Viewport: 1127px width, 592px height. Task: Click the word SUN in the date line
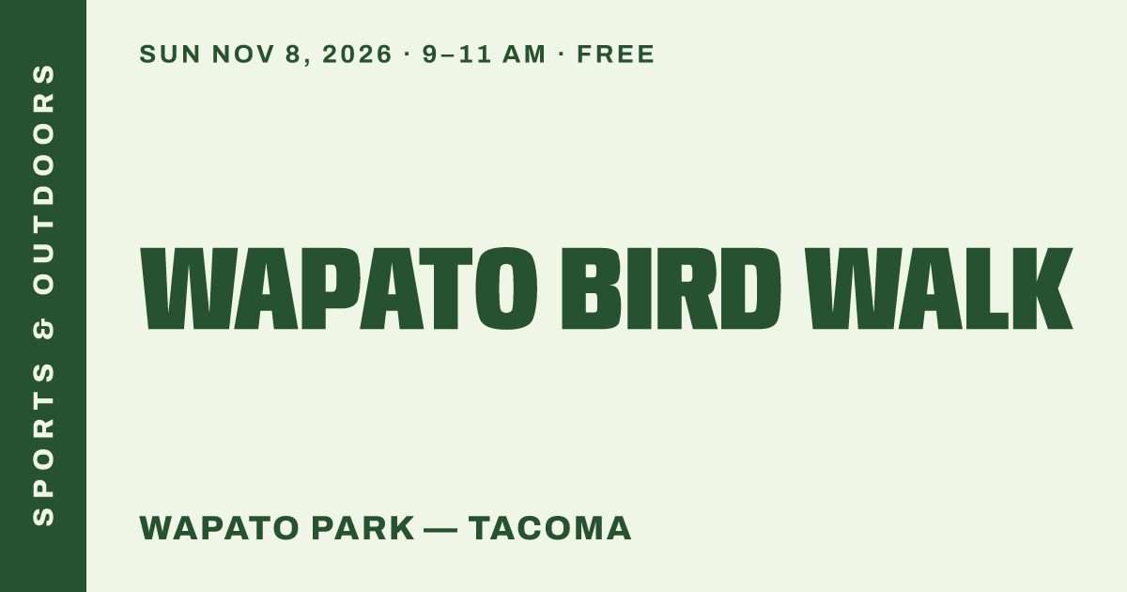pyautogui.click(x=170, y=54)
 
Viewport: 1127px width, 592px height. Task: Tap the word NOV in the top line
pyautogui.click(x=242, y=54)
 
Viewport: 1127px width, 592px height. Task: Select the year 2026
pyautogui.click(x=357, y=54)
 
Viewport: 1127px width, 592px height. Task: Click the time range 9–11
pyautogui.click(x=456, y=54)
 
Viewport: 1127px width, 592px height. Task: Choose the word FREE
pyautogui.click(x=616, y=54)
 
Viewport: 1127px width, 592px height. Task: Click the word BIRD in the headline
pyautogui.click(x=672, y=288)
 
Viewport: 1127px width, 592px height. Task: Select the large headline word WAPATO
pyautogui.click(x=339, y=288)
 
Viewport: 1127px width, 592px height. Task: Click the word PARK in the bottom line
pyautogui.click(x=363, y=528)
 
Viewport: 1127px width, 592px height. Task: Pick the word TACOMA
pyautogui.click(x=550, y=528)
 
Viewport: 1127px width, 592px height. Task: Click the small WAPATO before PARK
pyautogui.click(x=220, y=528)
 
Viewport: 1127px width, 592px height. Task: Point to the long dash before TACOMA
pyautogui.click(x=440, y=530)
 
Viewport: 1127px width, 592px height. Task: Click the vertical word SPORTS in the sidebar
pyautogui.click(x=43, y=444)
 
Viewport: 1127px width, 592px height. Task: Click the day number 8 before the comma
pyautogui.click(x=292, y=54)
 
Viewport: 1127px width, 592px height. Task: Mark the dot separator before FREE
pyautogui.click(x=562, y=54)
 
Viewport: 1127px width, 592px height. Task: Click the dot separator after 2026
pyautogui.click(x=407, y=54)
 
